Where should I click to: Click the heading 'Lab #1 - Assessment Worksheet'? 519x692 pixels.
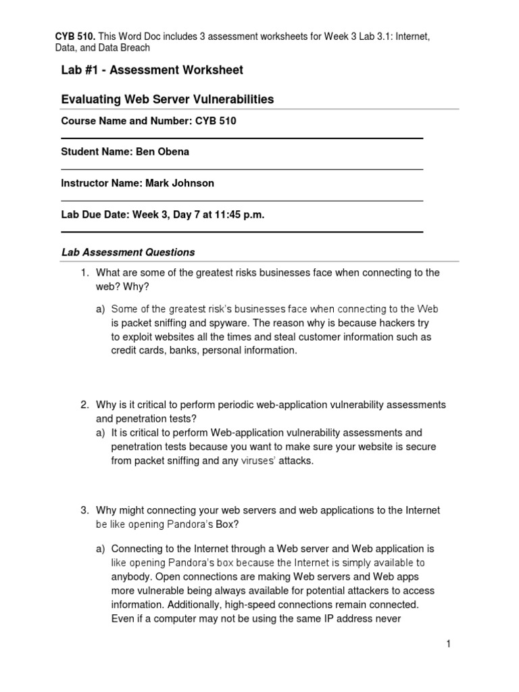[152, 70]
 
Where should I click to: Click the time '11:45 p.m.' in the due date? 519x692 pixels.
[239, 215]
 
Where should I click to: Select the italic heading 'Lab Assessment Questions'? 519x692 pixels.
[128, 252]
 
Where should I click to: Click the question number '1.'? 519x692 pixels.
[84, 272]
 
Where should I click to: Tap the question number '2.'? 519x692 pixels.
[84, 405]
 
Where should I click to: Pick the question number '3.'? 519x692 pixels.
[84, 510]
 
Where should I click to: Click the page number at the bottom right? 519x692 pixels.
[447, 645]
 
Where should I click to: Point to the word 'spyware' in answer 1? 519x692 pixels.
[226, 323]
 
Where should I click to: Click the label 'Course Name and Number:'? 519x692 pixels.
[116, 121]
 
